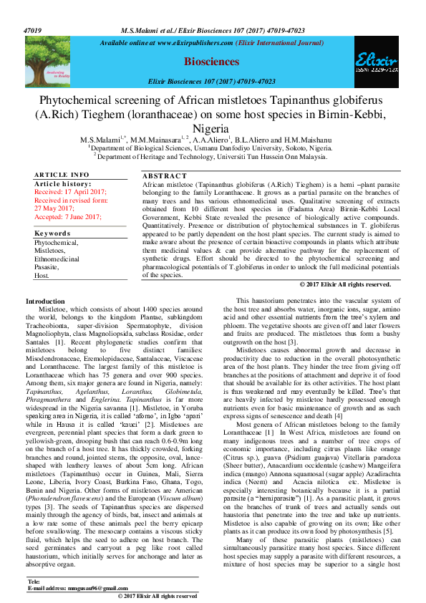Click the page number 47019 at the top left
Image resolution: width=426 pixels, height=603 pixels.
[34, 32]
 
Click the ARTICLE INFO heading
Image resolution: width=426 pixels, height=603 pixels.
[62, 175]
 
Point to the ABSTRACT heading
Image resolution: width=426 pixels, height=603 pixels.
[166, 175]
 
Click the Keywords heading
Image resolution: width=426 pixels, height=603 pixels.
[52, 233]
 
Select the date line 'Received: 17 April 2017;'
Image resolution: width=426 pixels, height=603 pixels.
[70, 193]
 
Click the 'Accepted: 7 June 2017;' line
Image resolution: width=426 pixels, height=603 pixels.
[69, 216]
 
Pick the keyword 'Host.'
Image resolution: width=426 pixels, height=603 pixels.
[42, 276]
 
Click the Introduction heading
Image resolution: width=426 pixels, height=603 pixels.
[45, 301]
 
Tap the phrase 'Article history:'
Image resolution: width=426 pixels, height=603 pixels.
[61, 184]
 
